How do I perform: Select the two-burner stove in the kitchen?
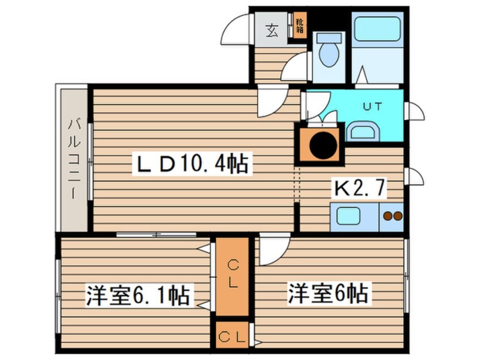(391, 216)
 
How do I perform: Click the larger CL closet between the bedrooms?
(232, 275)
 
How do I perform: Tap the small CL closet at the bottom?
(232, 336)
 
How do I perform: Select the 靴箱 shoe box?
(298, 24)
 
